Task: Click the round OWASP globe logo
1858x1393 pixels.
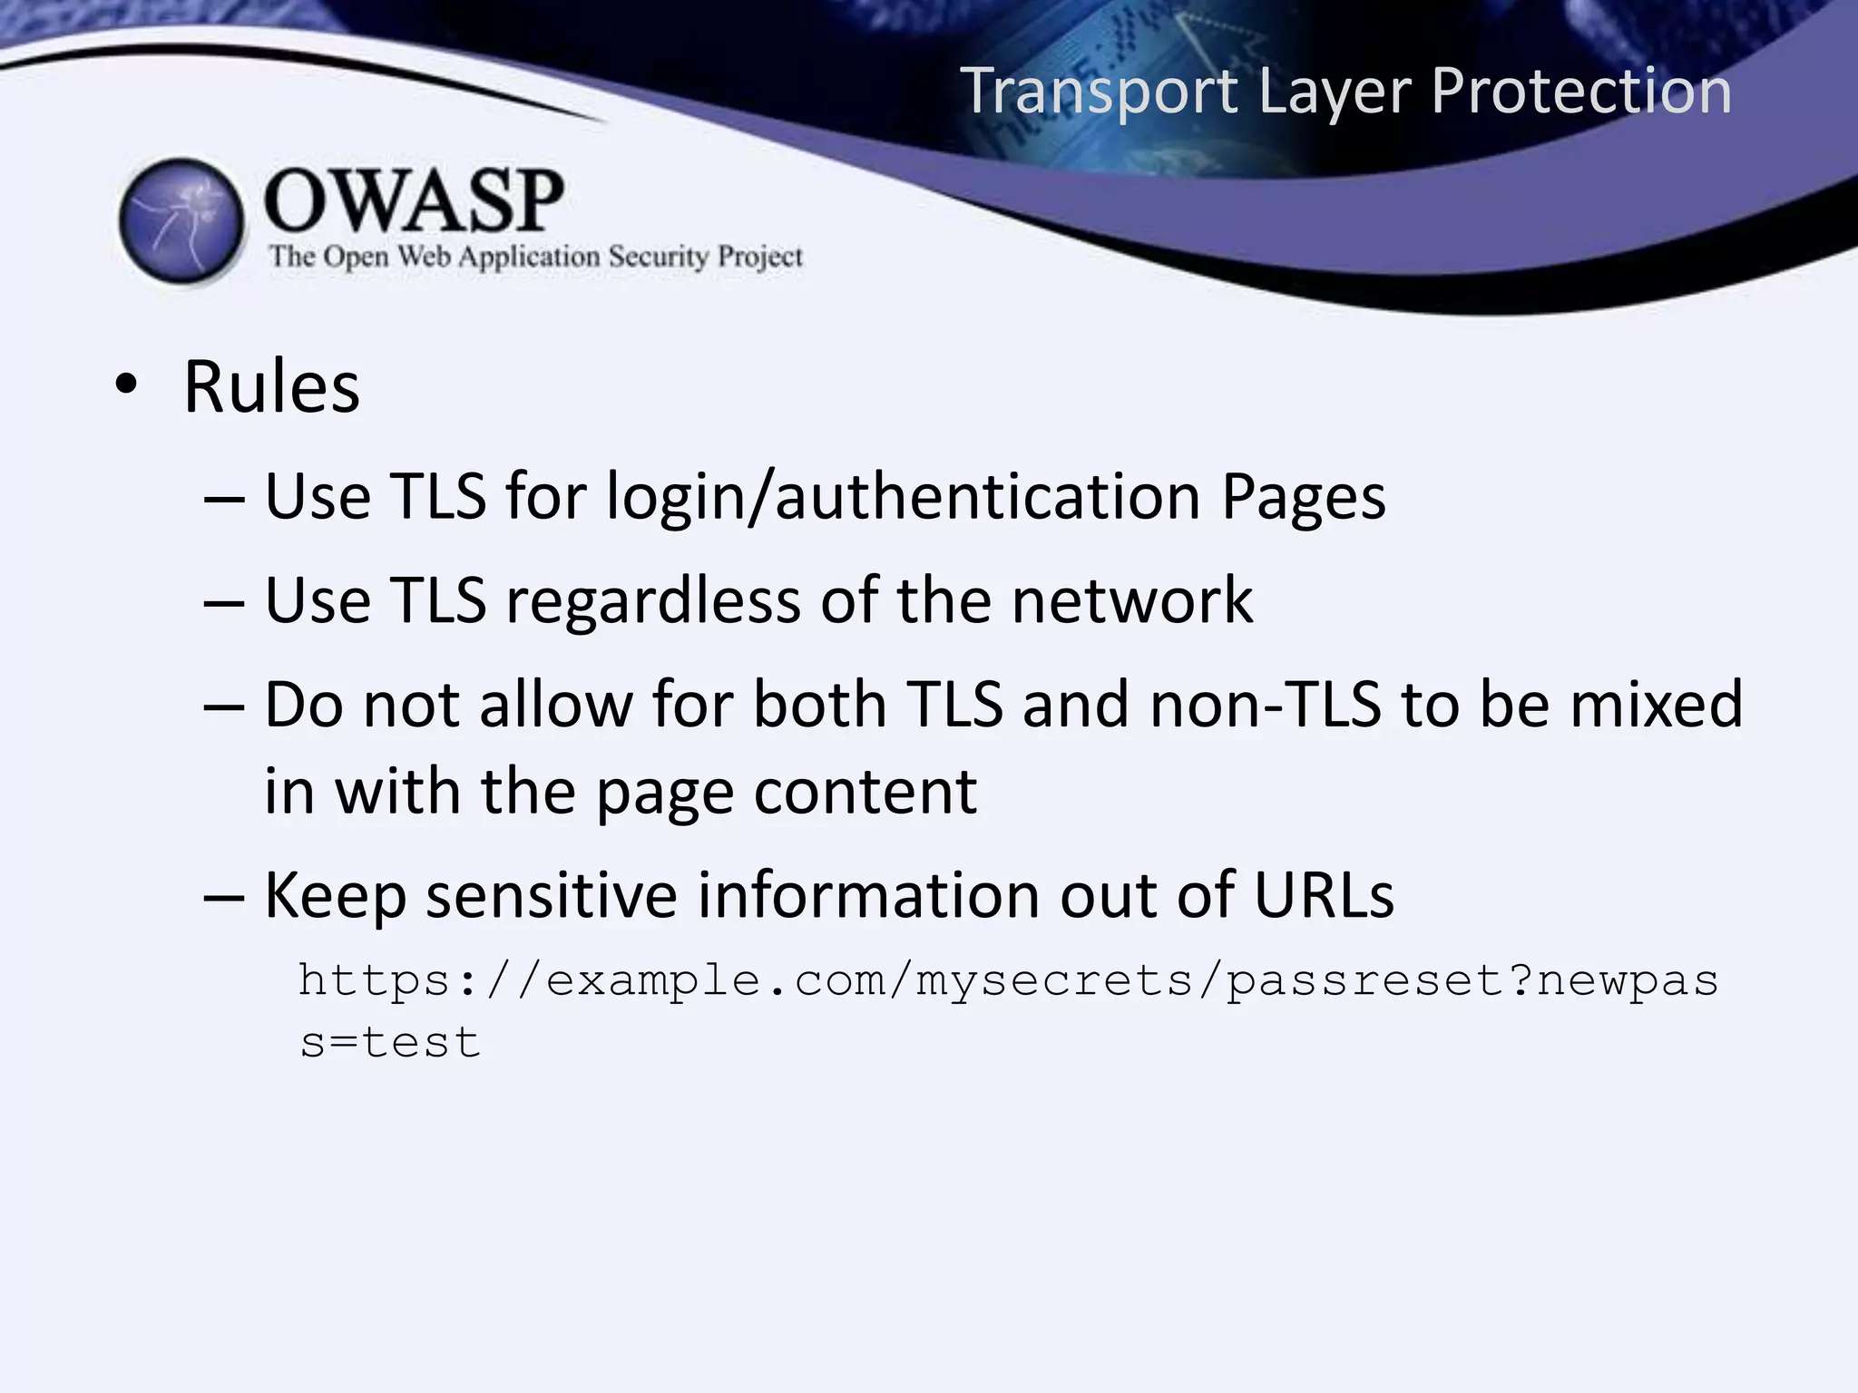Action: pos(182,221)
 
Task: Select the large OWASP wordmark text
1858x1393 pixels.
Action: pos(414,200)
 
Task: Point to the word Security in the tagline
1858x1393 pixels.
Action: pos(658,257)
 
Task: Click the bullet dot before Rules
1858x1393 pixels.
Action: pos(126,386)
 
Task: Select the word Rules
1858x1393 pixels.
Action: pos(271,387)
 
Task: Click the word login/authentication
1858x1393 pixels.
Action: pos(904,497)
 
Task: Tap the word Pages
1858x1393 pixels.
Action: pos(1303,497)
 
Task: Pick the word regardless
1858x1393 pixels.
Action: pos(652,601)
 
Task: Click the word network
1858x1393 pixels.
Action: pos(1131,600)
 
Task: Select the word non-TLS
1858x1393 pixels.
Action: pos(1266,705)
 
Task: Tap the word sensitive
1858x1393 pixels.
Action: pos(552,895)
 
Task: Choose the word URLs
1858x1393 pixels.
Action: pos(1324,895)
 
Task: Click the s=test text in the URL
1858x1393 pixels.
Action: pos(389,1043)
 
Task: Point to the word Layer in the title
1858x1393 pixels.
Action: pos(1335,92)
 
